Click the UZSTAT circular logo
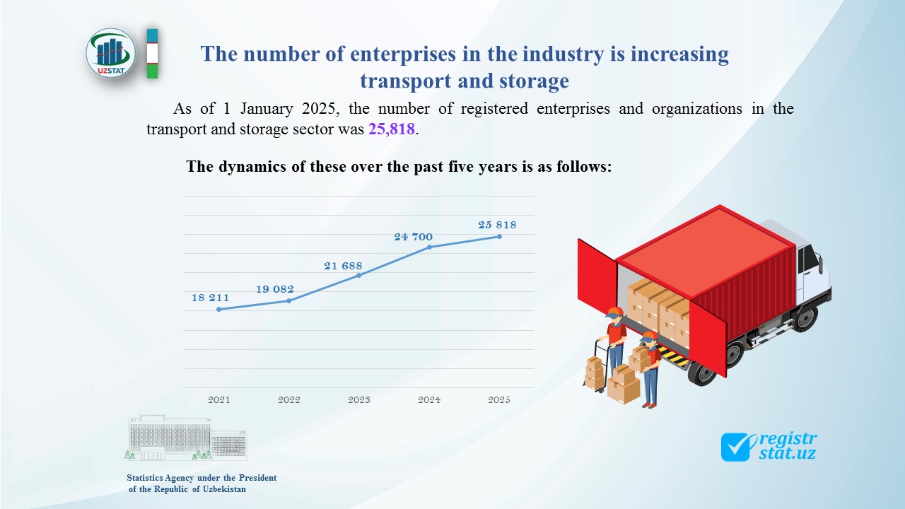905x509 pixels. click(111, 52)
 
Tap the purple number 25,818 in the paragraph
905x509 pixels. click(391, 129)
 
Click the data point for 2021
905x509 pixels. click(219, 309)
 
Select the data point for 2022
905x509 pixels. click(288, 300)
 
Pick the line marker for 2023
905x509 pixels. click(359, 275)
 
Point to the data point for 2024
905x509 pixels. click(429, 247)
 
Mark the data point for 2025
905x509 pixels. click(499, 236)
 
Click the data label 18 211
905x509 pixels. click(211, 298)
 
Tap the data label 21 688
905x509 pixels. click(344, 266)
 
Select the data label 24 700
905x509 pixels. click(414, 236)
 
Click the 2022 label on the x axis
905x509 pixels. click(289, 399)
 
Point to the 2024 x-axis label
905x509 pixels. click(429, 399)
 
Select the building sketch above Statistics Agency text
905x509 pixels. click(187, 438)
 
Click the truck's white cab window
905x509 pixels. click(809, 261)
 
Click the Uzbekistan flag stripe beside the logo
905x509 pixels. click(152, 53)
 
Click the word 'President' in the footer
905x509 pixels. click(255, 478)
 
